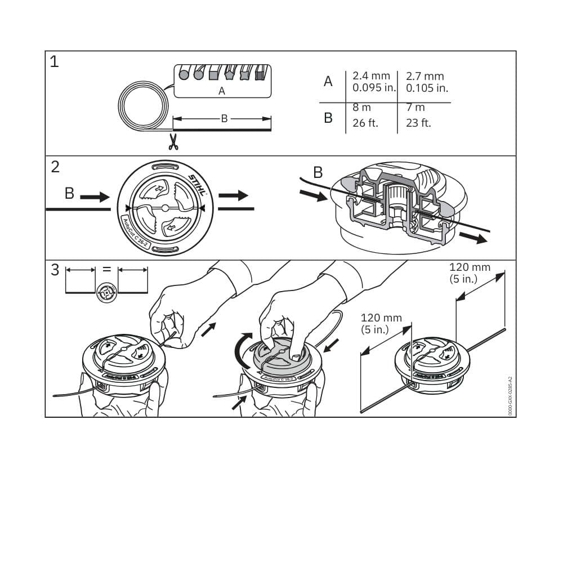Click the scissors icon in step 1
[x=173, y=141]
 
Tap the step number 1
[x=54, y=62]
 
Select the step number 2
[x=55, y=167]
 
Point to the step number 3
[x=55, y=270]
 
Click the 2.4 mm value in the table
[x=371, y=76]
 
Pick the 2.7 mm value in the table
[x=425, y=76]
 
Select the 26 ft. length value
[x=365, y=123]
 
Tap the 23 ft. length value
[x=418, y=123]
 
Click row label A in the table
[x=328, y=82]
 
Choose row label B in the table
[x=328, y=118]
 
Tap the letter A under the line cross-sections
[x=221, y=91]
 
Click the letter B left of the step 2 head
[x=69, y=193]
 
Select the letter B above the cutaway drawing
[x=318, y=172]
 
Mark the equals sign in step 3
[x=106, y=269]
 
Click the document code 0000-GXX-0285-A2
[x=510, y=396]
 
